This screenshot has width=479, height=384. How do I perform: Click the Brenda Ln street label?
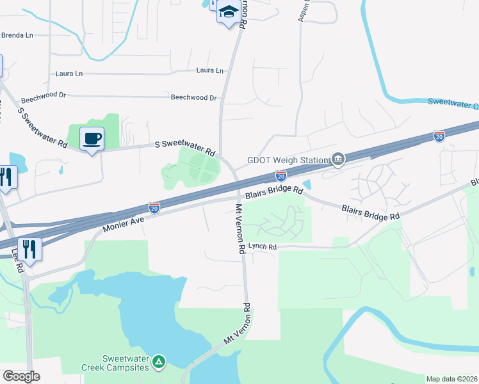[17, 35]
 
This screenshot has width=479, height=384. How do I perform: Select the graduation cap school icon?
[228, 12]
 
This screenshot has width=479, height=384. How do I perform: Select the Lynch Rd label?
[263, 247]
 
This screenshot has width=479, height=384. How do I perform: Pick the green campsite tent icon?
[159, 362]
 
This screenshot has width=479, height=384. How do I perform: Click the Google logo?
[21, 376]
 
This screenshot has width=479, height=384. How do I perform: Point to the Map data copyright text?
[452, 379]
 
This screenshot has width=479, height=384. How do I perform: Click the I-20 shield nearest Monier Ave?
[154, 207]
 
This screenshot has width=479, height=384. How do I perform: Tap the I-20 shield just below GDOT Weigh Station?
[280, 175]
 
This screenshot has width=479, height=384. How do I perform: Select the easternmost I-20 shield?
[439, 136]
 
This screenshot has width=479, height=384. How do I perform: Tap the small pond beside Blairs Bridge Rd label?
[307, 185]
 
